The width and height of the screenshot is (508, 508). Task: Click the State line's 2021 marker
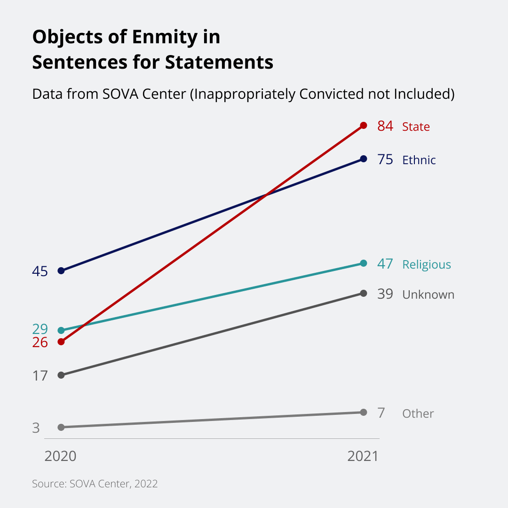(x=363, y=126)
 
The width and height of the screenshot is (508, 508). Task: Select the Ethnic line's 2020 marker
(x=61, y=271)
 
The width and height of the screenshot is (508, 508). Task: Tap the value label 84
(x=385, y=126)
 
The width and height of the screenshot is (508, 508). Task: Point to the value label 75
(x=385, y=159)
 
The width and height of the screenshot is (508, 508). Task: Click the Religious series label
(x=426, y=264)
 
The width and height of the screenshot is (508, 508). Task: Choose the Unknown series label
(x=428, y=294)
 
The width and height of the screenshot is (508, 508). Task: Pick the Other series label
(x=418, y=413)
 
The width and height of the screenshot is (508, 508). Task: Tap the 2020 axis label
(x=60, y=456)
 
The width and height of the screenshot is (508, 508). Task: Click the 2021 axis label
(x=363, y=456)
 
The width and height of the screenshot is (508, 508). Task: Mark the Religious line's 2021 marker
(x=363, y=263)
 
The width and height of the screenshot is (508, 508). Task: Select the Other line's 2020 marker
(x=61, y=427)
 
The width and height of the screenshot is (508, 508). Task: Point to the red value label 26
(x=40, y=342)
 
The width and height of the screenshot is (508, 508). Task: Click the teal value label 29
(x=40, y=329)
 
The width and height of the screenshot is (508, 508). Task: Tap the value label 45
(x=40, y=271)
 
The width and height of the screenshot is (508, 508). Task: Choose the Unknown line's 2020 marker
(x=61, y=375)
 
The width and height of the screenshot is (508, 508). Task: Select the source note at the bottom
(x=95, y=484)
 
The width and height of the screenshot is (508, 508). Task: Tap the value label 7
(x=381, y=413)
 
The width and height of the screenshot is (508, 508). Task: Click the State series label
(x=416, y=127)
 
